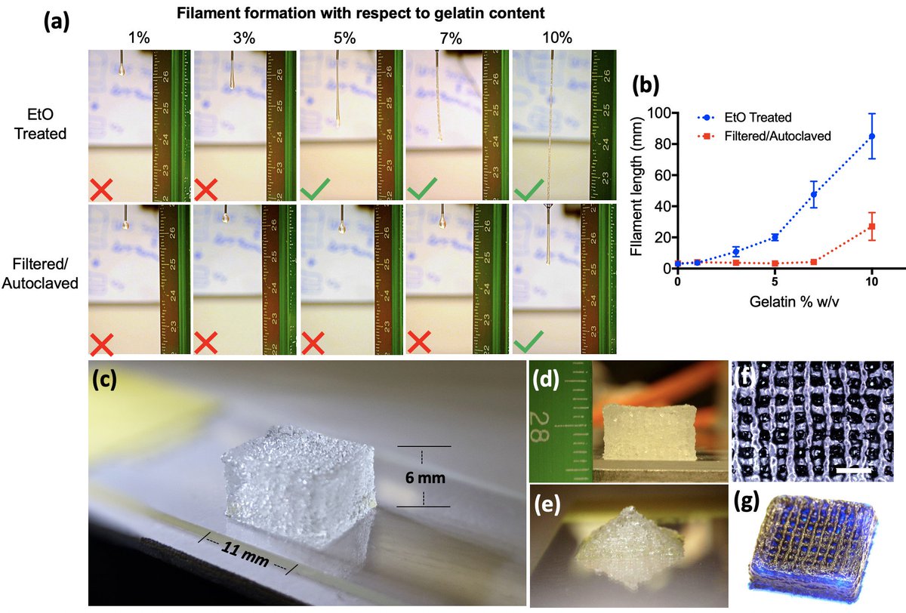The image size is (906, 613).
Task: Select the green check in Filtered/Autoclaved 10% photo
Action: click(528, 340)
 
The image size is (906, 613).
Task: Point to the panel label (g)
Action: click(751, 503)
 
